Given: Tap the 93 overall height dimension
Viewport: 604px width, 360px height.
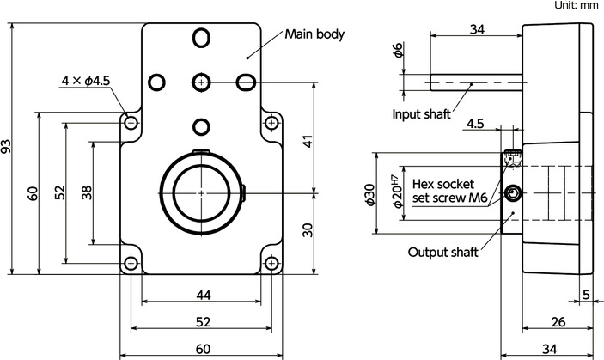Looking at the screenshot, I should click(9, 149).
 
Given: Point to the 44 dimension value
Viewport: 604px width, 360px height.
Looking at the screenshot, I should click(203, 295).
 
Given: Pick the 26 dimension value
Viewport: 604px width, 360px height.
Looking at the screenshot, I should click(558, 322).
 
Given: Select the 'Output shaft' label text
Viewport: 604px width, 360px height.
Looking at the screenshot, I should click(443, 252).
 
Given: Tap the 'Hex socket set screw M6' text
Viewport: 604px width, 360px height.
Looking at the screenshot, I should click(450, 190).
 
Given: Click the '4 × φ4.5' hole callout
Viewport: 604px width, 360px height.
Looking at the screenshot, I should click(84, 81).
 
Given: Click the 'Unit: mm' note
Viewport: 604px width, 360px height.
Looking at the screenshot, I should click(575, 5).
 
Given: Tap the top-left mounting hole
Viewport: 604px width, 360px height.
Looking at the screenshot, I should click(131, 124).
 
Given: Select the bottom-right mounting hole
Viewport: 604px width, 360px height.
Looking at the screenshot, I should click(271, 263).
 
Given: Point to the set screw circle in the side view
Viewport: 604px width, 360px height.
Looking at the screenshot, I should click(514, 193).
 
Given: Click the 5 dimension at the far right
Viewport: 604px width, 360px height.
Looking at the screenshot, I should click(586, 295).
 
